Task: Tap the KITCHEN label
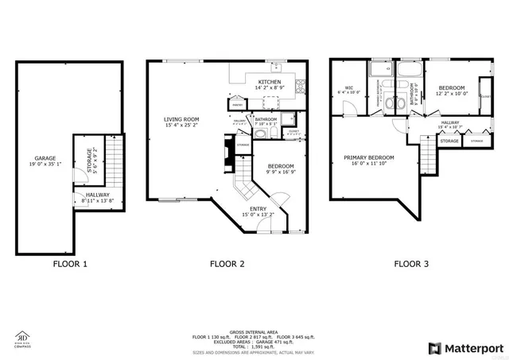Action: coord(270,83)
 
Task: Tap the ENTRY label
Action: coord(258,211)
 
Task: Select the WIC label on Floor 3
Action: coord(348,89)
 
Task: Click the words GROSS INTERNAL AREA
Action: coord(253,331)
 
